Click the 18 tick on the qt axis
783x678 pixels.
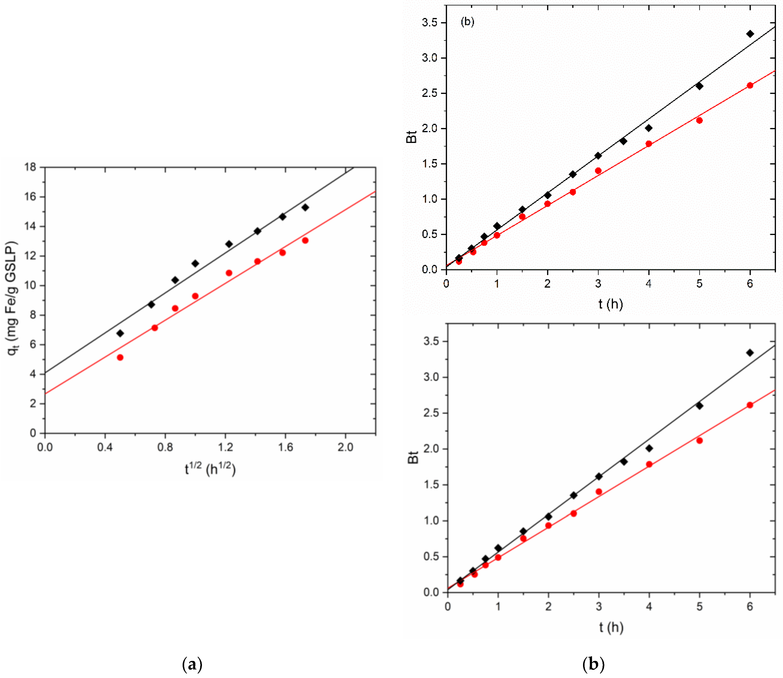31,167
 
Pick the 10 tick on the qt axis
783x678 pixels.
31,286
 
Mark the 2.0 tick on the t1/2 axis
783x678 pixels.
345,447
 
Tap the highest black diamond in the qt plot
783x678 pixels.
305,207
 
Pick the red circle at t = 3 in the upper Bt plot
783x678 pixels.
598,171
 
